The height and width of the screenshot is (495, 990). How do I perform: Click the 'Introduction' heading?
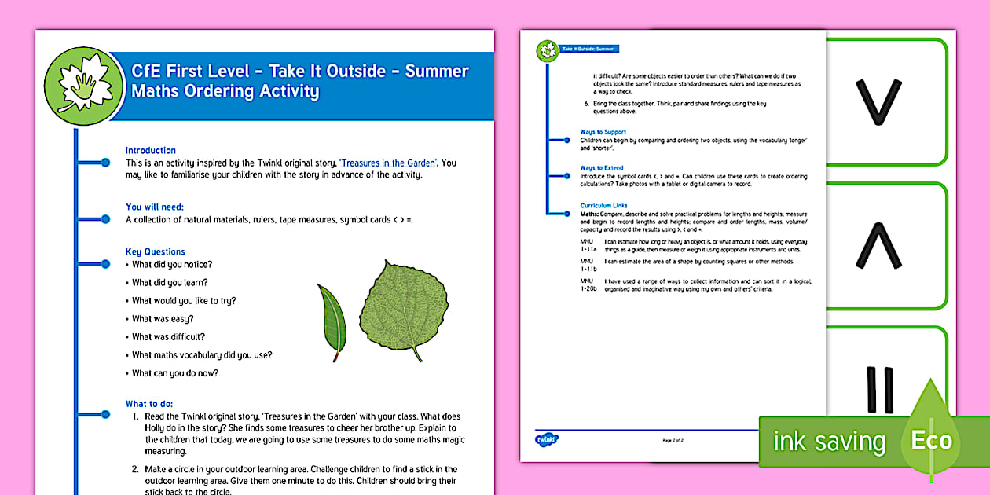[151, 150]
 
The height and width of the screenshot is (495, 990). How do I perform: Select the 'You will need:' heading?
[156, 207]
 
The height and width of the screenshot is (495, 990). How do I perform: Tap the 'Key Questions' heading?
[156, 251]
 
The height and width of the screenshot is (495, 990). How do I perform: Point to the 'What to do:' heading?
[149, 404]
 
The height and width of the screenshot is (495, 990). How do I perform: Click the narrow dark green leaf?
[332, 322]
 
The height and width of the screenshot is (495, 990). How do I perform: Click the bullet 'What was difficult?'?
[168, 337]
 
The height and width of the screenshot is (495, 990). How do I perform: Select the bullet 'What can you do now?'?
[175, 373]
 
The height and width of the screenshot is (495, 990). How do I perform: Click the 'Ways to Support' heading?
[603, 132]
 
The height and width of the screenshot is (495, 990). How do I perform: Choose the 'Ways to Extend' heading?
[602, 168]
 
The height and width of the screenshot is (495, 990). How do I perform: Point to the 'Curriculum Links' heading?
[604, 206]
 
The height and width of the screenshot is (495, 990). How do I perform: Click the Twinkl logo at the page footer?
[544, 439]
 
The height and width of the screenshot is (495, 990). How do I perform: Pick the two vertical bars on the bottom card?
[879, 390]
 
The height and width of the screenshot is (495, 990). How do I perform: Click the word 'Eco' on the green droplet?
[932, 440]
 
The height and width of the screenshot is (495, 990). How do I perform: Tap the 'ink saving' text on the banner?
[829, 442]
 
